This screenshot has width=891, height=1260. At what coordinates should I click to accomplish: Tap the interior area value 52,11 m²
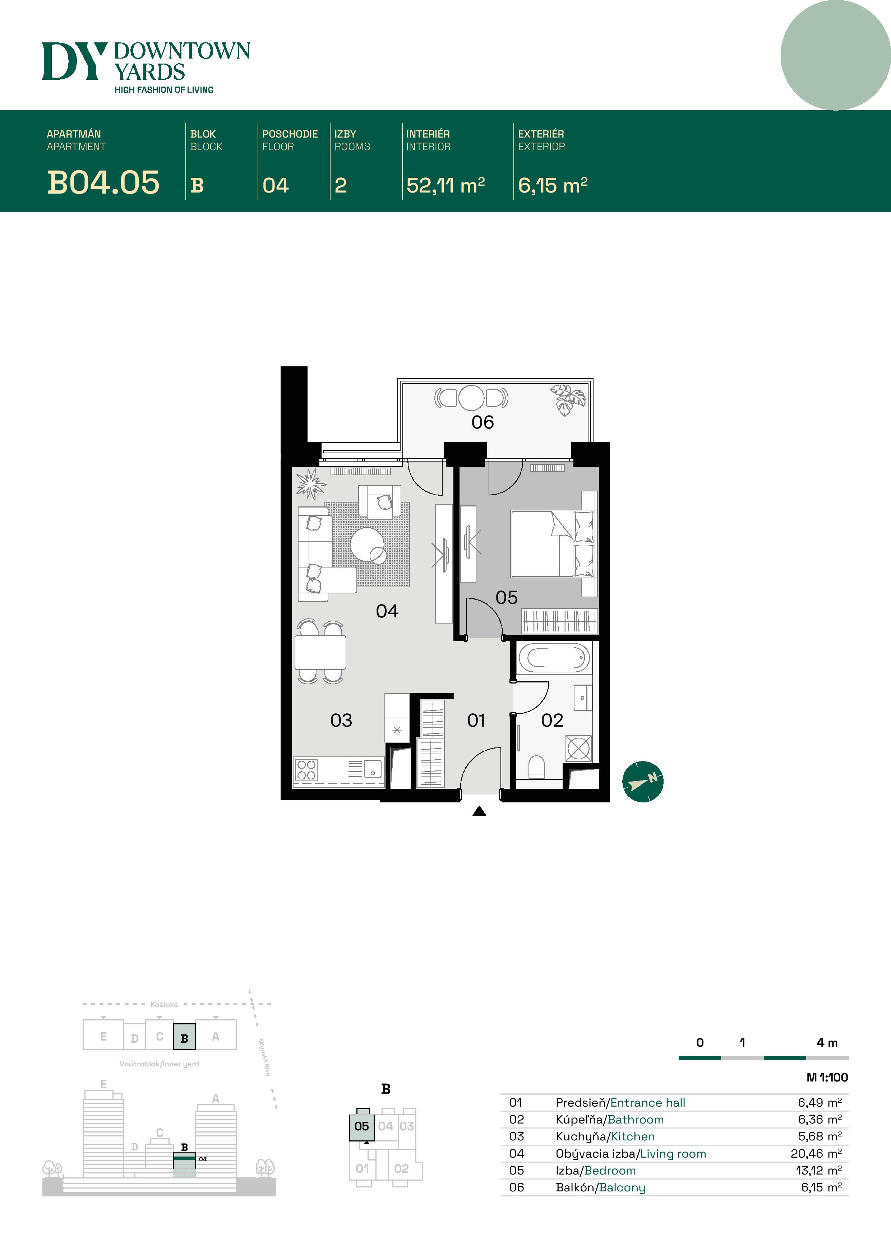[445, 185]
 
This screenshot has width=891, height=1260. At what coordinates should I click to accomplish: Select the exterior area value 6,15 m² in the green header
[553, 185]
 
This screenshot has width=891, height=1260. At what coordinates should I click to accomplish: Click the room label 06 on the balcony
[483, 422]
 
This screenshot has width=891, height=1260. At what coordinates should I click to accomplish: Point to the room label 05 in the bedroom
[506, 598]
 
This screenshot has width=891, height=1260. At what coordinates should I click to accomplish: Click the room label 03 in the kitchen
[341, 720]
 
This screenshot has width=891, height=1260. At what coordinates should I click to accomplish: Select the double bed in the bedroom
[552, 543]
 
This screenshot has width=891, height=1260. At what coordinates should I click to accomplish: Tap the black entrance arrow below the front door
[479, 811]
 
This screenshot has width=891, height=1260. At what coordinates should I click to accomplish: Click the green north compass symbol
[643, 782]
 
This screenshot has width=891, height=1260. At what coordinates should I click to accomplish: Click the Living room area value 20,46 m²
[816, 1154]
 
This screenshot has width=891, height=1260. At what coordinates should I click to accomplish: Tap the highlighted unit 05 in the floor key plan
[361, 1126]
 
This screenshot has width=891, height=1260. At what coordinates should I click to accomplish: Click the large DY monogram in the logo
[74, 61]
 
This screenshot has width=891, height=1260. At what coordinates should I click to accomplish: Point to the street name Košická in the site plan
[164, 1004]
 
